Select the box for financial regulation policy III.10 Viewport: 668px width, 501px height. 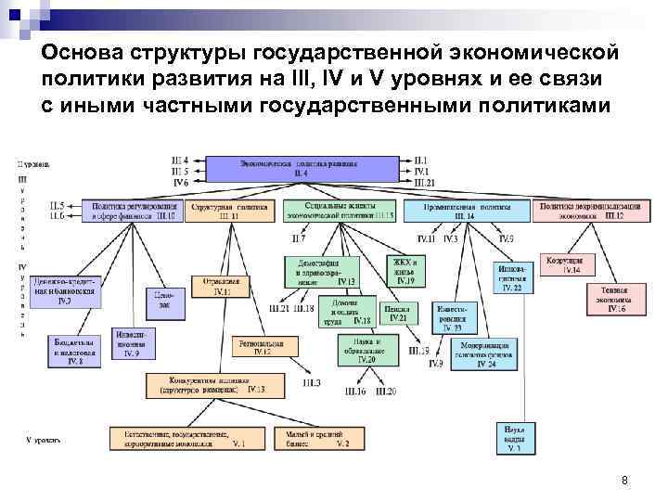(x=132, y=211)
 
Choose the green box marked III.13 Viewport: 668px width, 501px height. (x=340, y=211)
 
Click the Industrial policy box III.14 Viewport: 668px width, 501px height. (x=463, y=211)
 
